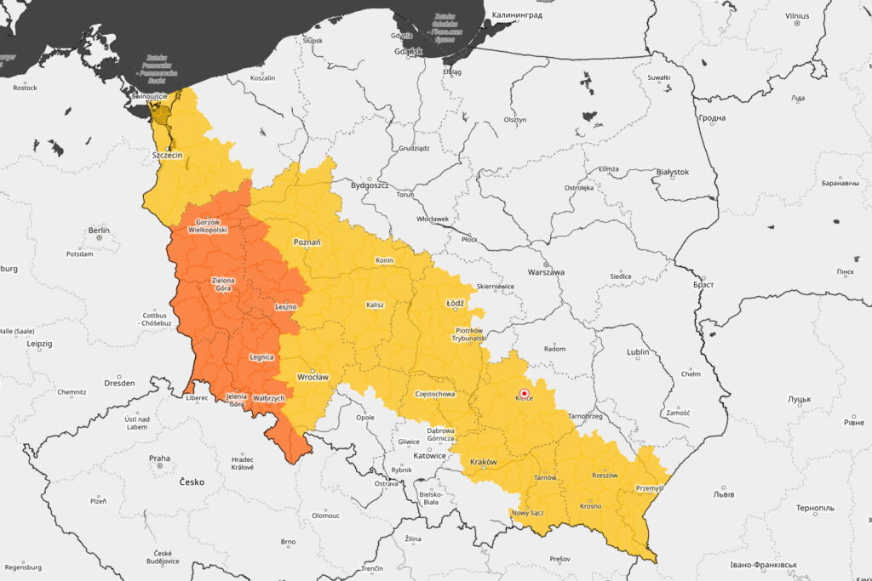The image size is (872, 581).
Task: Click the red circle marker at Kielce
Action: pyautogui.click(x=525, y=392)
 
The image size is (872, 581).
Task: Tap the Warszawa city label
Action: pyautogui.click(x=547, y=272)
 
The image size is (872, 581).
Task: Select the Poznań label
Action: pyautogui.click(x=307, y=242)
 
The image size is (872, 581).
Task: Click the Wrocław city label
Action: pyautogui.click(x=313, y=376)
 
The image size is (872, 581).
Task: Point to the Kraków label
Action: pyautogui.click(x=483, y=462)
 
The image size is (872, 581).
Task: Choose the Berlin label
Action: pyautogui.click(x=99, y=231)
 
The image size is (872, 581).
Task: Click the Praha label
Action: pyautogui.click(x=159, y=459)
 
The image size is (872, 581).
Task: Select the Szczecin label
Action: pyautogui.click(x=167, y=156)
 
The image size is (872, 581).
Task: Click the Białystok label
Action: pyautogui.click(x=673, y=172)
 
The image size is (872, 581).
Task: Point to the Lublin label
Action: pyautogui.click(x=638, y=352)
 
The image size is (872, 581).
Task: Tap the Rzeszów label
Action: pyautogui.click(x=605, y=476)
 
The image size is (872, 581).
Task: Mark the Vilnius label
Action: pyautogui.click(x=797, y=15)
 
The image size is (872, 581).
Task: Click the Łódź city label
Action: pyautogui.click(x=455, y=303)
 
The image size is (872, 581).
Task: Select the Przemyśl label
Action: pyautogui.click(x=650, y=488)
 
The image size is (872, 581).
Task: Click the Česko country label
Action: pyautogui.click(x=192, y=481)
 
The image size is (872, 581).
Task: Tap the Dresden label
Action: pyautogui.click(x=119, y=383)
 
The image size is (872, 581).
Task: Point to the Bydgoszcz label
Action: pyautogui.click(x=370, y=185)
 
